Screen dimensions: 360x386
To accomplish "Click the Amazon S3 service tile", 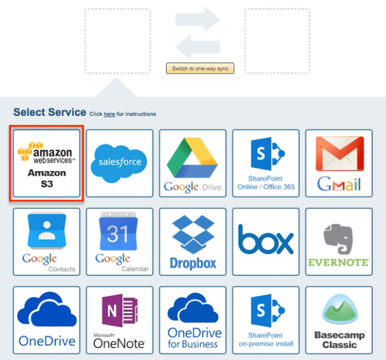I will click(x=47, y=164).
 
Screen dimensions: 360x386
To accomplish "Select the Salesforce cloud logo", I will click(x=120, y=162).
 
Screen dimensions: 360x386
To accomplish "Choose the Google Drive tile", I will click(x=193, y=164).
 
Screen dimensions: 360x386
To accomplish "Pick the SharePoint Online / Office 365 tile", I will click(x=266, y=164).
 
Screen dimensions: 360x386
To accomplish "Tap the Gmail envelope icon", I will click(x=339, y=164).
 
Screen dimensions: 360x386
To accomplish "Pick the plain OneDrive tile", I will click(x=47, y=320).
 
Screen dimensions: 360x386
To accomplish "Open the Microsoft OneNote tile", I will click(x=120, y=320).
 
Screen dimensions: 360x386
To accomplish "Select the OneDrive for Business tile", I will click(x=193, y=320).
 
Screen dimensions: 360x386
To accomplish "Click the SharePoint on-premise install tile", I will click(x=266, y=320).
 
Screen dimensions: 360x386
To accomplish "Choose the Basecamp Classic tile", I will click(x=339, y=320).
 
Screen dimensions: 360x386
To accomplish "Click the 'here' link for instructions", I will click(x=109, y=114).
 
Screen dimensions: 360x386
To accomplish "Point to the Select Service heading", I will click(x=50, y=112).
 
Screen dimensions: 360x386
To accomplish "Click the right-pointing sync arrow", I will click(x=198, y=20).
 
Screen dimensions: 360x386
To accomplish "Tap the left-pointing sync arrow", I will click(x=198, y=46).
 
